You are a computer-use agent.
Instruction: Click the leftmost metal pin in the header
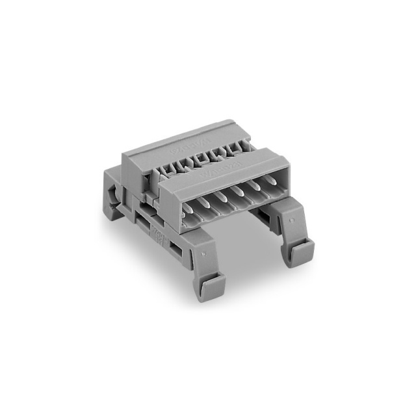coord(189,209)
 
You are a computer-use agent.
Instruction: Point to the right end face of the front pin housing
coord(280,172)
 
